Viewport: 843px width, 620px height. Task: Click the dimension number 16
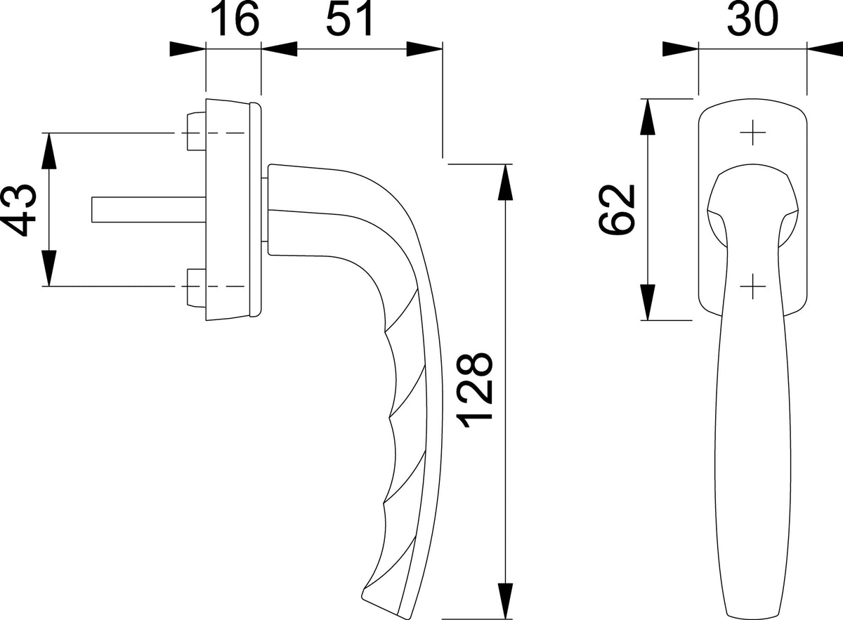click(x=235, y=20)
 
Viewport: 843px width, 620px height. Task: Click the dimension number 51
click(x=349, y=19)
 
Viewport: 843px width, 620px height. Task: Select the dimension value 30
click(x=752, y=20)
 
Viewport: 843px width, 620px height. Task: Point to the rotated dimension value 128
click(x=475, y=390)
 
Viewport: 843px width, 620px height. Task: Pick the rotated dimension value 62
click(x=617, y=209)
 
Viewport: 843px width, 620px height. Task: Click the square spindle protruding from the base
click(x=149, y=209)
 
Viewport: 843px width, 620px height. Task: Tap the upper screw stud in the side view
click(x=197, y=131)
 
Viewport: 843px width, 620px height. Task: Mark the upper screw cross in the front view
click(x=752, y=133)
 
